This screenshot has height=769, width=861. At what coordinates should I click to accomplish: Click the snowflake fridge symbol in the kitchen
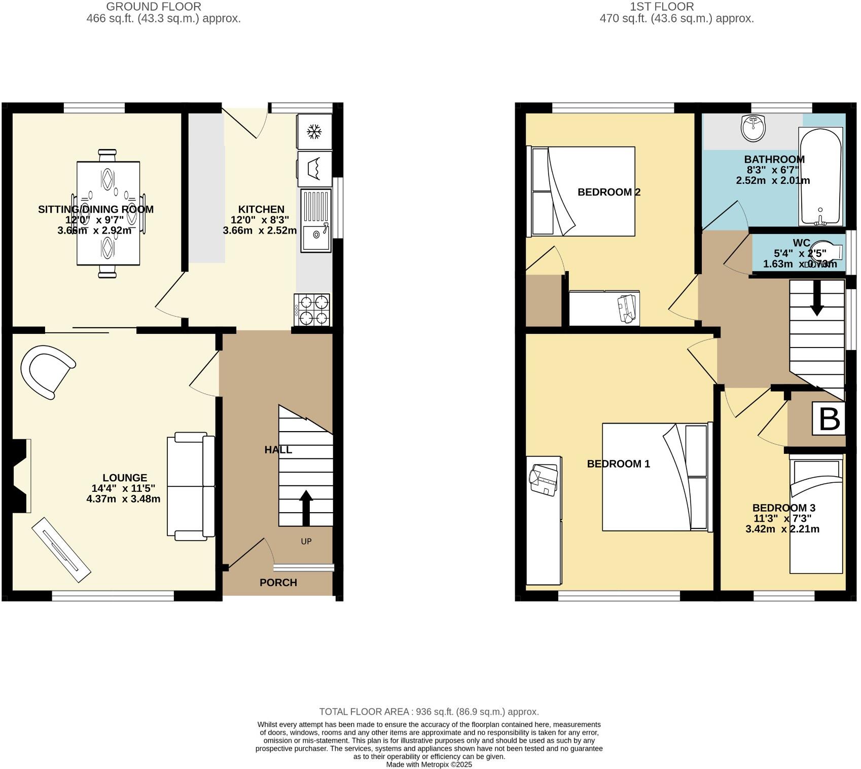point(314,132)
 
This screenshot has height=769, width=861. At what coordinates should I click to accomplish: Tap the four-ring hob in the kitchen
point(312,310)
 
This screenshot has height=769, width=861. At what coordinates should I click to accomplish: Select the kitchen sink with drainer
point(315,220)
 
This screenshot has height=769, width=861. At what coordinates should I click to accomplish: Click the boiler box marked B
point(829,418)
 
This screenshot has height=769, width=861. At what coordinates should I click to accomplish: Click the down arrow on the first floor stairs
point(817,298)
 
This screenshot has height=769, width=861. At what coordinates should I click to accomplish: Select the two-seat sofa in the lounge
point(190,486)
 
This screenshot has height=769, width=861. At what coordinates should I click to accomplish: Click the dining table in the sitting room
point(108,213)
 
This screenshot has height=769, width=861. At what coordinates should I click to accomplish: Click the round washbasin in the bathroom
point(753,128)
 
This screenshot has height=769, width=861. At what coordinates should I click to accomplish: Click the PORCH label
point(278,583)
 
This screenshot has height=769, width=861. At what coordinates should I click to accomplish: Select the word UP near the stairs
point(306,542)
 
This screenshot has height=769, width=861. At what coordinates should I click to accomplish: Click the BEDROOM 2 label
point(608,192)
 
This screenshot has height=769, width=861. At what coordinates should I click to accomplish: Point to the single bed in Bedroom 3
point(816,514)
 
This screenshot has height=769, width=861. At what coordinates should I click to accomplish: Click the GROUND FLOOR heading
point(153,7)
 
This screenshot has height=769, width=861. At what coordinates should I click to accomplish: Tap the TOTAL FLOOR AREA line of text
point(428,712)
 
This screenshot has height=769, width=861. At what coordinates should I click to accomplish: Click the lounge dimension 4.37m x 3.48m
point(123,498)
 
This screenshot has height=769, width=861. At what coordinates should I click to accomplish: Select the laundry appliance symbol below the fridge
point(314,168)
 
